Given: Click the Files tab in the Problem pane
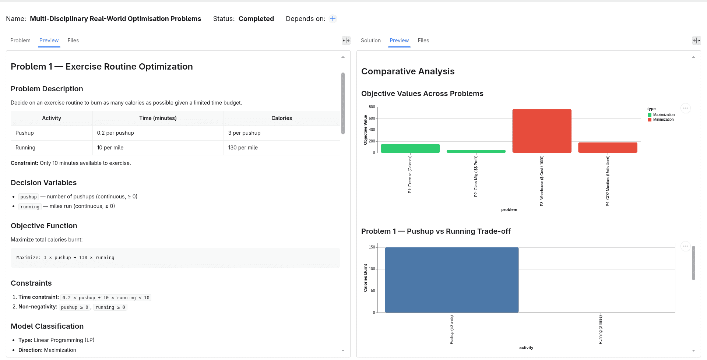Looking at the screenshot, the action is pos(73,40).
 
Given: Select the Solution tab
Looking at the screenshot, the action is pos(370,40).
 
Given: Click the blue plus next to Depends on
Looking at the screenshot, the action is pos(333,19).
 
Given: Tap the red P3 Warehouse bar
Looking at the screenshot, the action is pos(542,131).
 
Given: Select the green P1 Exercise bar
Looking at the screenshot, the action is pos(410,148).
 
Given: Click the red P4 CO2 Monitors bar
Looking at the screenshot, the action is pos(608,148).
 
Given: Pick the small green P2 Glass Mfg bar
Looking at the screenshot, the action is pos(476,151).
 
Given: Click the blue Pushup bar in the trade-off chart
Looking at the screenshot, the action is pos(452,280).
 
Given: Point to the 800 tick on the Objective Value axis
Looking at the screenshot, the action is pos(372,107).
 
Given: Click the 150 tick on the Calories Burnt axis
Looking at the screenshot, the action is pos(372,247).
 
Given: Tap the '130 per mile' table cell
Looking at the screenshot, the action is pos(243,148).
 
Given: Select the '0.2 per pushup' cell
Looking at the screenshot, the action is pos(115,133).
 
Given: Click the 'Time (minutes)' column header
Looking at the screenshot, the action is pos(158,118).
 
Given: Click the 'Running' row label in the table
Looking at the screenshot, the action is pos(25,148).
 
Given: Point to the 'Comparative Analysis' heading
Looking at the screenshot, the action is pos(408,71).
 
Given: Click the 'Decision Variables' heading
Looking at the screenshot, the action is pos(44,183).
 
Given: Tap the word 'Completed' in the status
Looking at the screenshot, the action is pos(256,19).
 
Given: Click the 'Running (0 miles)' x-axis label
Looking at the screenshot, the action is pos(600,330).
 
